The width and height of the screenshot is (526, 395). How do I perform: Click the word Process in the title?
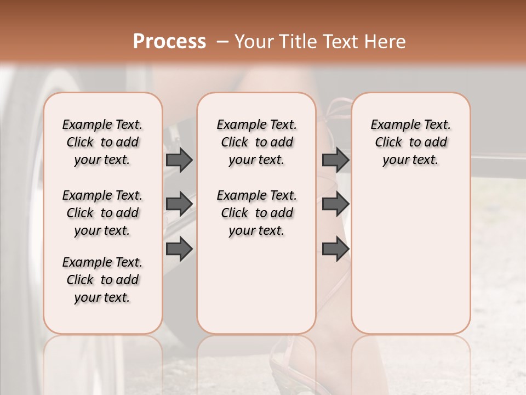pyautogui.click(x=169, y=42)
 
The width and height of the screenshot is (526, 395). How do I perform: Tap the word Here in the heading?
pyautogui.click(x=386, y=42)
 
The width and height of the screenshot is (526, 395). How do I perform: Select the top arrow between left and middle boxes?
pyautogui.click(x=179, y=160)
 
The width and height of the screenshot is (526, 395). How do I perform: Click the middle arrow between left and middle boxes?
pyautogui.click(x=179, y=204)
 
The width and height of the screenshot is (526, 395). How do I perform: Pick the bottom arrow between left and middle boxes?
pyautogui.click(x=179, y=249)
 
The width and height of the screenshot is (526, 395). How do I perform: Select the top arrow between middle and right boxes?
pyautogui.click(x=335, y=160)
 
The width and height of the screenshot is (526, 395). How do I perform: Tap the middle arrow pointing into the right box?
pyautogui.click(x=335, y=204)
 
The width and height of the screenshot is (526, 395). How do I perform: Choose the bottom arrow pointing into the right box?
pyautogui.click(x=335, y=249)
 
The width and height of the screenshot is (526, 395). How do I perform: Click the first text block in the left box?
pyautogui.click(x=102, y=142)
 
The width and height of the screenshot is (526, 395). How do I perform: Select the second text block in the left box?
pyautogui.click(x=102, y=213)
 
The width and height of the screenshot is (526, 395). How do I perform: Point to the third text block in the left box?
pyautogui.click(x=102, y=280)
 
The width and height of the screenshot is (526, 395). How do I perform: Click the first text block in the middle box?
pyautogui.click(x=256, y=142)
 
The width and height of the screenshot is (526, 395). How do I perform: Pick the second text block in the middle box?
pyautogui.click(x=256, y=213)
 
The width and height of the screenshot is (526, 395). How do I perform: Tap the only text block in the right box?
pyautogui.click(x=410, y=142)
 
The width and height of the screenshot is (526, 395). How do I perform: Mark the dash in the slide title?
pyautogui.click(x=222, y=42)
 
